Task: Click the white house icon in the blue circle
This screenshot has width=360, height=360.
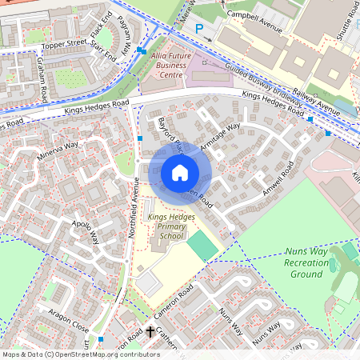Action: click(x=180, y=172)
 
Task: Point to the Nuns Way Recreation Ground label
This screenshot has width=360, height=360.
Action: click(x=306, y=262)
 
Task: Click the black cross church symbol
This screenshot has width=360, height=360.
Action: click(x=150, y=330)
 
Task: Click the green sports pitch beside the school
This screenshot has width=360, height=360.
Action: click(x=202, y=246)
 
